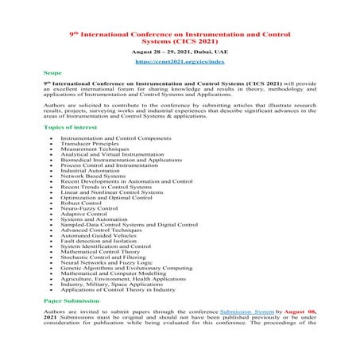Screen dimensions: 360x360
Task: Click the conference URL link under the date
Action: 179,60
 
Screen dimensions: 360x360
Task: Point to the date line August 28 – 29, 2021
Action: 179,49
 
